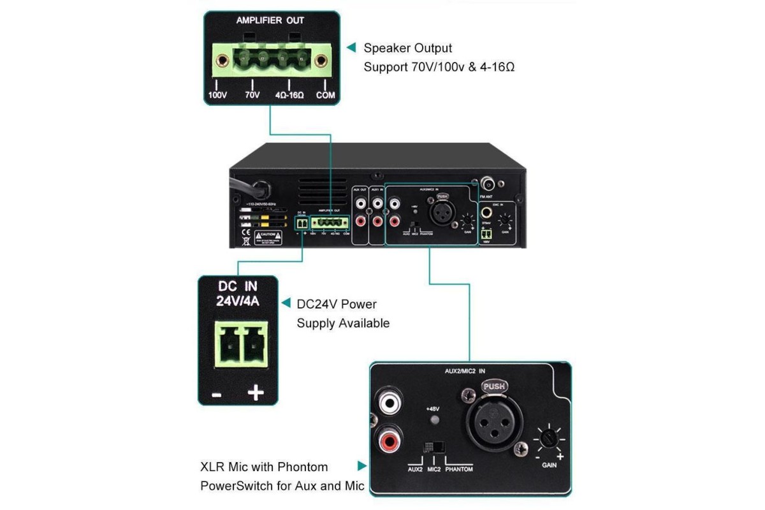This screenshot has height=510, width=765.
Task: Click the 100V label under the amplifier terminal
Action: coord(217,96)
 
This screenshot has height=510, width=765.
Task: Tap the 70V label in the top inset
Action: coord(253,96)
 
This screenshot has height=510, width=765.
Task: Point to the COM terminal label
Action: coord(326,96)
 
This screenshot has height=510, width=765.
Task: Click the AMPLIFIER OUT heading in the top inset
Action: coord(270,20)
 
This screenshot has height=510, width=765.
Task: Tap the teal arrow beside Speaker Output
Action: coord(351,48)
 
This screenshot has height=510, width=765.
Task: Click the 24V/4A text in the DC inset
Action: coord(238,302)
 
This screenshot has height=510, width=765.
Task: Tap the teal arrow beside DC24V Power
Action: coord(285,303)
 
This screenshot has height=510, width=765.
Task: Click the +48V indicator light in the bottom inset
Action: coord(436,420)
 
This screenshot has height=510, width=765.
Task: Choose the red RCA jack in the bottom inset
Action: coord(388,441)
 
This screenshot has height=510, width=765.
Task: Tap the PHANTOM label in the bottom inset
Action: coord(459,469)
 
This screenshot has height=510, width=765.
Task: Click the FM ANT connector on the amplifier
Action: coord(490,183)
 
